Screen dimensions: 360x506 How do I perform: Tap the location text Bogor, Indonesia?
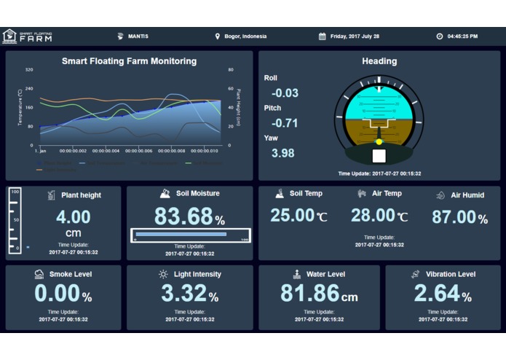[245, 36]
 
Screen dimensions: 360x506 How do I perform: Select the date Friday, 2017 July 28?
[355, 36]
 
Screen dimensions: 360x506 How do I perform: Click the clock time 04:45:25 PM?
[462, 36]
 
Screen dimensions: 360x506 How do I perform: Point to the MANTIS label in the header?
[138, 36]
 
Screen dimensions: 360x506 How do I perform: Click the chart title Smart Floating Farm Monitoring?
[129, 61]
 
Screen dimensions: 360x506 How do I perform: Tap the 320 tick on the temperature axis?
[29, 70]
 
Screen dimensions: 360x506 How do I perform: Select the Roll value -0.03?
[285, 93]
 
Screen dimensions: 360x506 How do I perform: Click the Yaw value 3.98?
[282, 153]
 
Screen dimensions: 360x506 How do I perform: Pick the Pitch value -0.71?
[285, 123]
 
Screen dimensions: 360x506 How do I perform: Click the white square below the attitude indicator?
[379, 156]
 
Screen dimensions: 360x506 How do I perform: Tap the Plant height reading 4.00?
[74, 216]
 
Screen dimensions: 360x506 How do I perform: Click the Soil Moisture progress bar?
[191, 235]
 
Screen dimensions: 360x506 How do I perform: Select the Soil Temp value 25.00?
[293, 215]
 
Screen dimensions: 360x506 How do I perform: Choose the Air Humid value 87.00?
[454, 216]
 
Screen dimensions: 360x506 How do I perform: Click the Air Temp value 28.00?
[373, 215]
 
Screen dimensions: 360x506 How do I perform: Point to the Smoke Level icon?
[39, 274]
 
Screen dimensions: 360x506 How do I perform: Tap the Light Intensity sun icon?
[163, 274]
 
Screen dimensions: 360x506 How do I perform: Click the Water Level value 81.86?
[310, 293]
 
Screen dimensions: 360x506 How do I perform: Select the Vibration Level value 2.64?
[437, 293]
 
